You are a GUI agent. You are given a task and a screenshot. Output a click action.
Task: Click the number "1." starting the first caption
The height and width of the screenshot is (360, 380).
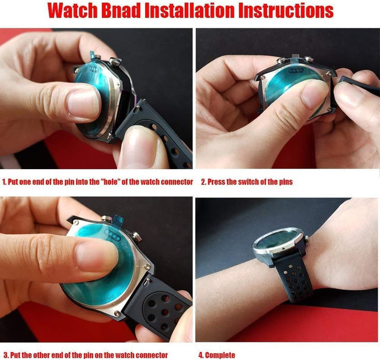click(5, 182)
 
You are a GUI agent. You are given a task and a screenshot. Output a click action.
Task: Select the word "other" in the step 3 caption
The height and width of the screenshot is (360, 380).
click(41, 355)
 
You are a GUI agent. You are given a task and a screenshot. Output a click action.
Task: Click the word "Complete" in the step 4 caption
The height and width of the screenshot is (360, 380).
click(220, 355)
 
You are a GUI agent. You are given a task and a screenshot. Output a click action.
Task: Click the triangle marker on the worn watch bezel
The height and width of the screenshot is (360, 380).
click(283, 248)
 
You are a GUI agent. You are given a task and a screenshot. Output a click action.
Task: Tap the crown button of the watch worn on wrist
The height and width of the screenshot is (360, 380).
click(306, 239)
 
